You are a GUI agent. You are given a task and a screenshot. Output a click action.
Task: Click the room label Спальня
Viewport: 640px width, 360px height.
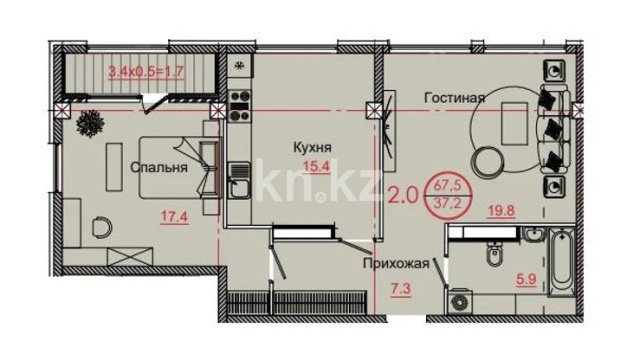point(159,167)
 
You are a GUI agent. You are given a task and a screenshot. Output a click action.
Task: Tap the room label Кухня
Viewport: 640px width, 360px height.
point(312,147)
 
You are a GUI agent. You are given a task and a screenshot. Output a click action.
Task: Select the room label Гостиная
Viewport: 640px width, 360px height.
point(454,98)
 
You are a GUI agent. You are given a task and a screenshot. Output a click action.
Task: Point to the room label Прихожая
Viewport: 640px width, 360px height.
point(396,264)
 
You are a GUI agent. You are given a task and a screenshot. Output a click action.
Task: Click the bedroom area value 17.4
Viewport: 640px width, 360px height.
point(174,217)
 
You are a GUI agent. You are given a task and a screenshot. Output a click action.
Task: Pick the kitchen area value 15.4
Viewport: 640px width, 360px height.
point(316,167)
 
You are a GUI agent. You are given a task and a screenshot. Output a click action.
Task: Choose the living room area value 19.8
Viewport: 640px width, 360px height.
point(502,211)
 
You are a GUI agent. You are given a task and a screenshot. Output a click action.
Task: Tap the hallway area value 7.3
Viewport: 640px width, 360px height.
point(400,289)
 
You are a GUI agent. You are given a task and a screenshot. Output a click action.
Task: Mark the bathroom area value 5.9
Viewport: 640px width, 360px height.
point(526,280)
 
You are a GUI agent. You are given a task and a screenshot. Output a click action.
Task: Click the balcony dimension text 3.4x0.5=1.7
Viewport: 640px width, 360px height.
point(146,72)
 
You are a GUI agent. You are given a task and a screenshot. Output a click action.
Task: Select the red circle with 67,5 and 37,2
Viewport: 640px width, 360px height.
point(448,195)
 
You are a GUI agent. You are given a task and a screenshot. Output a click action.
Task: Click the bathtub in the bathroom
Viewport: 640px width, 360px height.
point(562,262)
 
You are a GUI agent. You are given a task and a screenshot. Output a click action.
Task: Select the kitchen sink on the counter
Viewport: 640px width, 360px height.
point(238,180)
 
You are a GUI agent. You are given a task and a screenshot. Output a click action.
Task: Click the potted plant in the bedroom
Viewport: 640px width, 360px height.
point(90,122)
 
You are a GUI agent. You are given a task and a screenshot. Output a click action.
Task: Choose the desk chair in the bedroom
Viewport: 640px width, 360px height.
point(102,227)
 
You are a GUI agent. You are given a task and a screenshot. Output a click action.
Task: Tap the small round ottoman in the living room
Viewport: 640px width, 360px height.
point(488,160)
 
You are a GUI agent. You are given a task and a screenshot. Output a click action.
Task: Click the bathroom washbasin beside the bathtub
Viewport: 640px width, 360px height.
point(535,235)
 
